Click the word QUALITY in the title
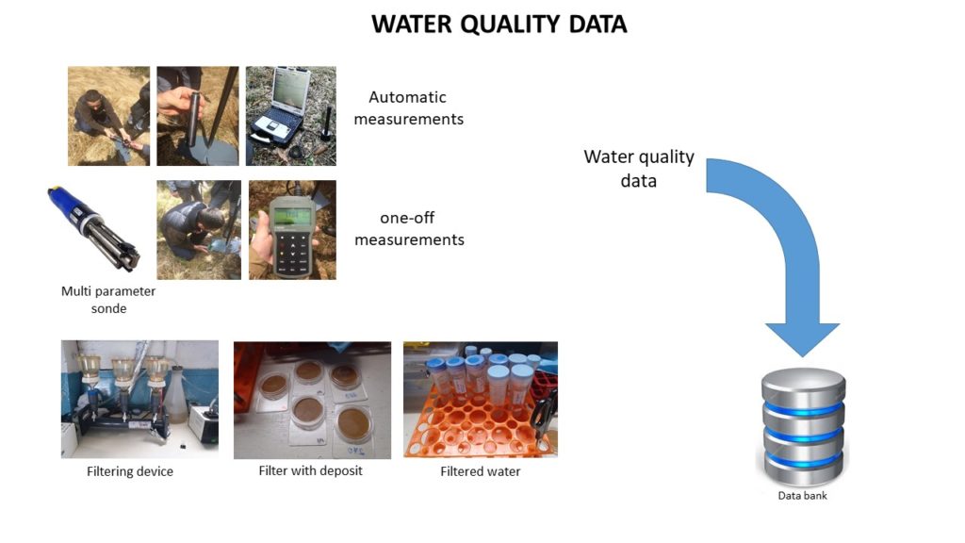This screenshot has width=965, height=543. point(510,25)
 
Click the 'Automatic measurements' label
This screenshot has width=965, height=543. point(409,107)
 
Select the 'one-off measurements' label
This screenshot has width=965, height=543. point(409,228)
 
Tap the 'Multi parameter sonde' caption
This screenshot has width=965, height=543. point(108,299)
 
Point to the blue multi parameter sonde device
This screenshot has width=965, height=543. point(93,228)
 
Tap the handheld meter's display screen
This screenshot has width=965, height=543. point(292,217)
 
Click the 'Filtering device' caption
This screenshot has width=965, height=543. point(130,471)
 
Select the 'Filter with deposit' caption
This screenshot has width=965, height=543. point(310,470)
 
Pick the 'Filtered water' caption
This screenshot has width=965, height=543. point(480,471)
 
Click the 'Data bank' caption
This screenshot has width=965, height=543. point(803,495)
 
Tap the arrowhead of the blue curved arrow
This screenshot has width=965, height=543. point(803,339)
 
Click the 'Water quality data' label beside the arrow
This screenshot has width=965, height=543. point(639,169)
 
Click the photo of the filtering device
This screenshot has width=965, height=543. point(139,399)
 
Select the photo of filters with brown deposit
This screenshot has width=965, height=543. point(312,400)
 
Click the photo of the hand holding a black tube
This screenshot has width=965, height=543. point(198,116)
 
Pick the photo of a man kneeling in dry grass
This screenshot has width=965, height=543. point(108,116)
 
